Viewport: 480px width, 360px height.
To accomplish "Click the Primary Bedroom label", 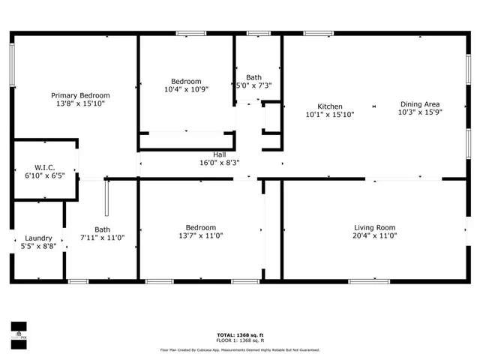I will tap(80, 95).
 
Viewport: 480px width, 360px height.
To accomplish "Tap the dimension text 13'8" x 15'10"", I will tap(80, 104).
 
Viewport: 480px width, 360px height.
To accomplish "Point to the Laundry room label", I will tap(38, 237).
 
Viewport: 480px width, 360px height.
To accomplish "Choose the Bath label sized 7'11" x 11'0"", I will tap(102, 229).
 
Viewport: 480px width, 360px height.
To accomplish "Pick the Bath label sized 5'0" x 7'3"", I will tap(254, 76).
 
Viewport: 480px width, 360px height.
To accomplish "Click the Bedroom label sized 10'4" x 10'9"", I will tap(186, 81).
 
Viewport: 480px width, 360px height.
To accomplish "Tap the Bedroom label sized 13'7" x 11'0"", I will tap(201, 227).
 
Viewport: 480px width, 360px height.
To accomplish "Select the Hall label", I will tap(219, 154).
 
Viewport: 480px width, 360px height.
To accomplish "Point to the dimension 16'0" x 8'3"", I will tap(219, 163).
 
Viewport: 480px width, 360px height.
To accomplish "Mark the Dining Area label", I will tap(420, 104).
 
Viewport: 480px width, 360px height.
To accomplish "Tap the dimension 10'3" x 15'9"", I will tap(420, 113).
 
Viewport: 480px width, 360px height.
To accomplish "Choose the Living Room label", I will tap(374, 227).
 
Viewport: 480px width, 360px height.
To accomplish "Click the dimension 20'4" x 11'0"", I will tap(374, 236).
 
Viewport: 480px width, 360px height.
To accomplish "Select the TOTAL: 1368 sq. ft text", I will tap(240, 335).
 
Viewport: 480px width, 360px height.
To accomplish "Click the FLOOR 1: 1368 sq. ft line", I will tap(240, 341).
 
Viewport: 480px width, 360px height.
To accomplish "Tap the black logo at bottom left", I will tap(18, 331).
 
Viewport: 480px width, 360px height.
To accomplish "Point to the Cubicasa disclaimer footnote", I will tap(240, 350).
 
